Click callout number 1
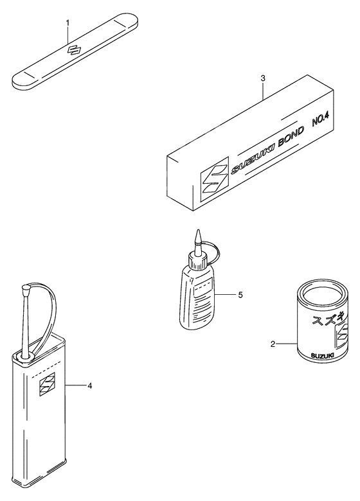[x=67, y=22]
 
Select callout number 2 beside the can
[x=273, y=344]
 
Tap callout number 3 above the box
[x=263, y=78]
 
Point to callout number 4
[x=90, y=386]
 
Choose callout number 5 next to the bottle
[x=240, y=295]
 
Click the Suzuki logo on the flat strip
[x=74, y=49]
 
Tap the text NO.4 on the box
[x=320, y=121]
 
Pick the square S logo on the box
[x=215, y=179]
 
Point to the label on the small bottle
[x=203, y=297]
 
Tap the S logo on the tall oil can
[x=47, y=384]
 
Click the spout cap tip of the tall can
[x=25, y=289]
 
